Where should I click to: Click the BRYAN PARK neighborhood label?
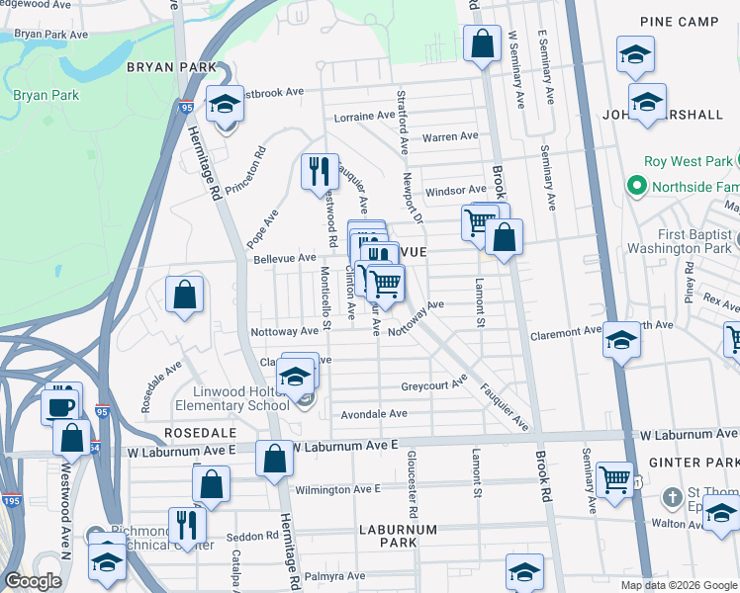(163, 67)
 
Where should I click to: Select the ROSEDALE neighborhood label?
(200, 433)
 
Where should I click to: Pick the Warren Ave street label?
(450, 136)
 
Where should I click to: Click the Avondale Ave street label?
(375, 414)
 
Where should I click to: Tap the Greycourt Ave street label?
(433, 385)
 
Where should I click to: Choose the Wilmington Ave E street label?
(337, 489)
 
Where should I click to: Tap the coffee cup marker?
(60, 405)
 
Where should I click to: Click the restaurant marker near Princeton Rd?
(320, 171)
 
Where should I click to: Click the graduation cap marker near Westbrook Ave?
(226, 103)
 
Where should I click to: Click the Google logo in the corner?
(33, 581)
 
